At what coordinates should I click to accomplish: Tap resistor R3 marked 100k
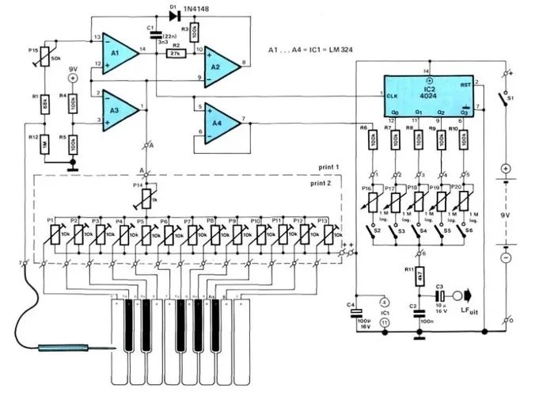click(x=194, y=31)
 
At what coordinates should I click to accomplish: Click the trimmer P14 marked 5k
click(x=145, y=196)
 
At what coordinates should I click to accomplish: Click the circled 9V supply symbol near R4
click(x=72, y=79)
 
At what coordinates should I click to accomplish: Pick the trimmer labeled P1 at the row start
click(x=55, y=234)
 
